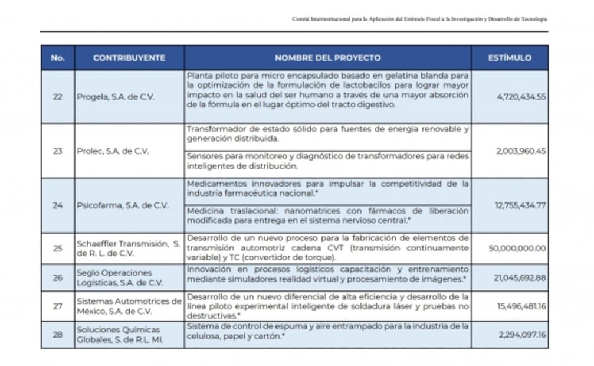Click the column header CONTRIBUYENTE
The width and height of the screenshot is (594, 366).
(x=129, y=58)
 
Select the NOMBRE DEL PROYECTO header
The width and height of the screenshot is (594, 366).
(x=327, y=58)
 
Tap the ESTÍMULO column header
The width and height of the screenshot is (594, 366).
(x=510, y=58)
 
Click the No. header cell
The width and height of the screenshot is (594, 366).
(x=57, y=58)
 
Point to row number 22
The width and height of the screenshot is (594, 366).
(x=57, y=97)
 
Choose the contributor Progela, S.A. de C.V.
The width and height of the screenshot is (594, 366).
(x=116, y=97)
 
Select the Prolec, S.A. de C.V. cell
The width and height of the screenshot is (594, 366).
(x=113, y=151)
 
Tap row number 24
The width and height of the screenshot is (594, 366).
(x=57, y=205)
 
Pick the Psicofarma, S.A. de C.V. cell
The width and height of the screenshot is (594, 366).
(x=123, y=205)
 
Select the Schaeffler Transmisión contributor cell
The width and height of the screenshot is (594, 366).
(x=128, y=249)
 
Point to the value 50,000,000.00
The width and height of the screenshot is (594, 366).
(x=517, y=249)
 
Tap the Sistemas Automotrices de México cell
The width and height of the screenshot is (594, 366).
(x=129, y=306)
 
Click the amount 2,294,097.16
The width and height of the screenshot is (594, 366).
(x=521, y=335)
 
